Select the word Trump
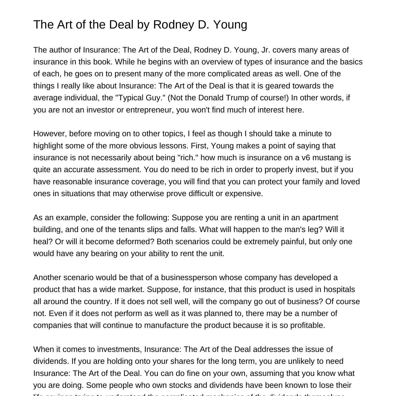point(236,98)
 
